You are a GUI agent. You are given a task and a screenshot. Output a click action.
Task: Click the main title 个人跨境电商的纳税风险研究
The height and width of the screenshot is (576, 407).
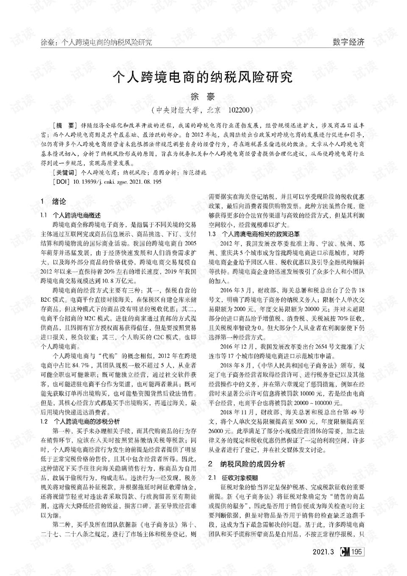[x=202, y=77]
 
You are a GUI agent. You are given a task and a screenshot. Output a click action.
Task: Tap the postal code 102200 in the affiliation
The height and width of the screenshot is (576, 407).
[x=240, y=110]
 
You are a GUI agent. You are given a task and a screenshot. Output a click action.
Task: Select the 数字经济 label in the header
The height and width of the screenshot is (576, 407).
[x=348, y=42]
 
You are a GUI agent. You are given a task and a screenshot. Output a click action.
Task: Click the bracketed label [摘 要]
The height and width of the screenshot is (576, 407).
[x=63, y=126]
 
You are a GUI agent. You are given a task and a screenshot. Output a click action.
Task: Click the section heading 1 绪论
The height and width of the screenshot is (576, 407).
[x=53, y=201]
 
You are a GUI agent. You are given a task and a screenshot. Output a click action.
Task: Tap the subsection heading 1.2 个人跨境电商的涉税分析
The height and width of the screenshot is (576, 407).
[x=80, y=421]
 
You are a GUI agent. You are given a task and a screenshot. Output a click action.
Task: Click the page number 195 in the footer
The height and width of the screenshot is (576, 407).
[x=357, y=552]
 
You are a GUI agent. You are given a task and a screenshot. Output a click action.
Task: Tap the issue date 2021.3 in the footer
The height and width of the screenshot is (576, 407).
[x=323, y=552]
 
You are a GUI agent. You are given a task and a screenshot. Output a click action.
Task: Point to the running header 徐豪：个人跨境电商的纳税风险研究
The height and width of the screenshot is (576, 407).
[x=96, y=42]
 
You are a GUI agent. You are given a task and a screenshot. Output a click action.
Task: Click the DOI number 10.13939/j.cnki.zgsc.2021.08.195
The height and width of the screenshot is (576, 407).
[x=117, y=182]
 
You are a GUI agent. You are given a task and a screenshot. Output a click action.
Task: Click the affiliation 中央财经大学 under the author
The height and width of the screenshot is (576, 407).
[x=178, y=110]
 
